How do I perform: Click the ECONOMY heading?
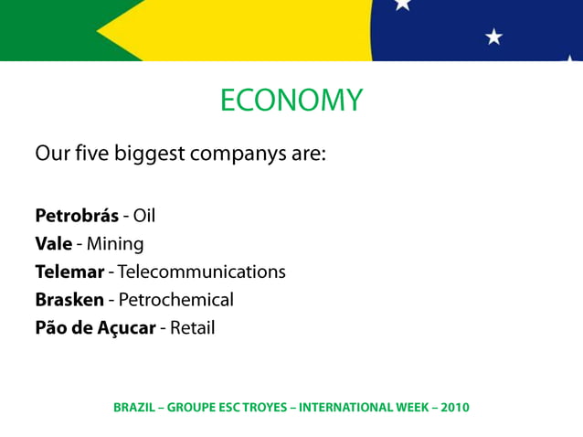pyautogui.click(x=291, y=100)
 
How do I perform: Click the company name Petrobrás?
pyautogui.click(x=77, y=217)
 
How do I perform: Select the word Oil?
pyautogui.click(x=144, y=217)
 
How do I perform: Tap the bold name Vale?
pyautogui.click(x=53, y=244)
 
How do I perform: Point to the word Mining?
pyautogui.click(x=115, y=244)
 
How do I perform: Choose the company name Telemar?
pyautogui.click(x=69, y=272)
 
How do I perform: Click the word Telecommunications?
pyautogui.click(x=202, y=272)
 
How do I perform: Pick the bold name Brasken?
pyautogui.click(x=69, y=299)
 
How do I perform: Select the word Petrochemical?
pyautogui.click(x=176, y=299)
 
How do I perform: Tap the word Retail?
pyautogui.click(x=192, y=327)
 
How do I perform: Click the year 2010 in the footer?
pyautogui.click(x=454, y=407)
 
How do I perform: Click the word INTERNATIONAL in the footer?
pyautogui.click(x=348, y=407)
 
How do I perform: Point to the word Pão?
pyautogui.click(x=52, y=327)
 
